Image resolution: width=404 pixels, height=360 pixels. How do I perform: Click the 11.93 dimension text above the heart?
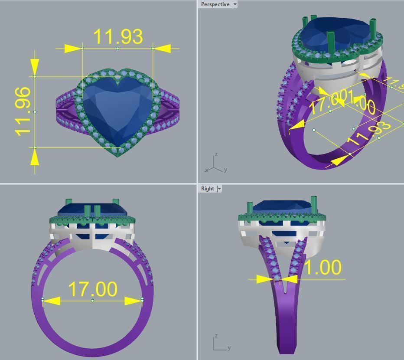117,36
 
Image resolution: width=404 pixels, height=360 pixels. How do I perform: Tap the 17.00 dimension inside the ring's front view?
92,289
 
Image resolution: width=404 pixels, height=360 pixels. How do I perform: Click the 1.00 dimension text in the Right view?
323,268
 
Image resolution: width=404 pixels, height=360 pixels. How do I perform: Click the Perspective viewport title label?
215,4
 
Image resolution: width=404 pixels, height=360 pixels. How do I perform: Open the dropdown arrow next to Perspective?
235,4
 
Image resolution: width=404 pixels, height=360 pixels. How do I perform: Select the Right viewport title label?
207,189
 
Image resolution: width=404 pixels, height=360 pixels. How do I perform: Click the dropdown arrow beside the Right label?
219,189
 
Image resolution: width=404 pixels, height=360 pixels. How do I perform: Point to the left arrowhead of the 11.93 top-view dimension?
73,49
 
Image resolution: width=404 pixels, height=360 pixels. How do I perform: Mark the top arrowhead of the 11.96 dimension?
35,67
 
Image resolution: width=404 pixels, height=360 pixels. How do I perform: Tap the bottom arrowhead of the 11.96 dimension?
35,157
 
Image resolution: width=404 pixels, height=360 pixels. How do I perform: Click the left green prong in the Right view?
250,208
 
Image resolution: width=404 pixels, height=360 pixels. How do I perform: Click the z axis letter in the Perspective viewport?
216,154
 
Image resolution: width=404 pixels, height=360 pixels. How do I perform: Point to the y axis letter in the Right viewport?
229,347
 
